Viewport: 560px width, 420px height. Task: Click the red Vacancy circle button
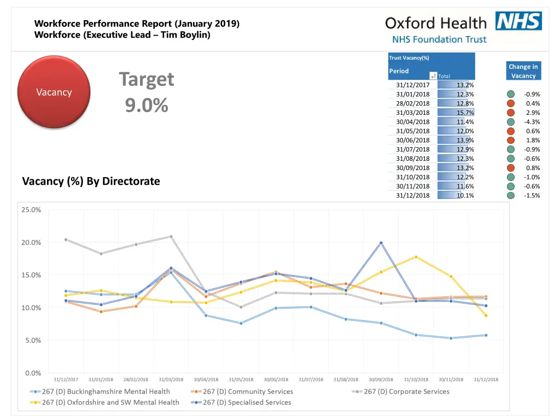(54, 92)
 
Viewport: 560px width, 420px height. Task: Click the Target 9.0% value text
(147, 105)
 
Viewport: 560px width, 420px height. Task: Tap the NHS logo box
(518, 21)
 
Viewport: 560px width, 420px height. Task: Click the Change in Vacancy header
(523, 71)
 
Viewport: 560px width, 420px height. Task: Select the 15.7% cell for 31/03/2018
(465, 112)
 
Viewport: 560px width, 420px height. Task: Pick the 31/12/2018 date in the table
(413, 195)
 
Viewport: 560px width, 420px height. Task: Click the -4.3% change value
(532, 121)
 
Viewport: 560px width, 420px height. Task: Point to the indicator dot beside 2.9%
(510, 112)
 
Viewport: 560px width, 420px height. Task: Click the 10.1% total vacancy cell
(465, 195)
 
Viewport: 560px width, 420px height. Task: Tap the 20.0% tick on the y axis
(31, 242)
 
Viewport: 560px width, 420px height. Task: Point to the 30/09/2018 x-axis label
(381, 380)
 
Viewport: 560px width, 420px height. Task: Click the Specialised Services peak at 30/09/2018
(381, 243)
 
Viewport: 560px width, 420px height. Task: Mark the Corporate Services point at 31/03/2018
(171, 237)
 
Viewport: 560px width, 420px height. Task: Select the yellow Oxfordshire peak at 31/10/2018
(416, 256)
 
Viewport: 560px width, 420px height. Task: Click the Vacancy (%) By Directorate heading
(91, 181)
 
